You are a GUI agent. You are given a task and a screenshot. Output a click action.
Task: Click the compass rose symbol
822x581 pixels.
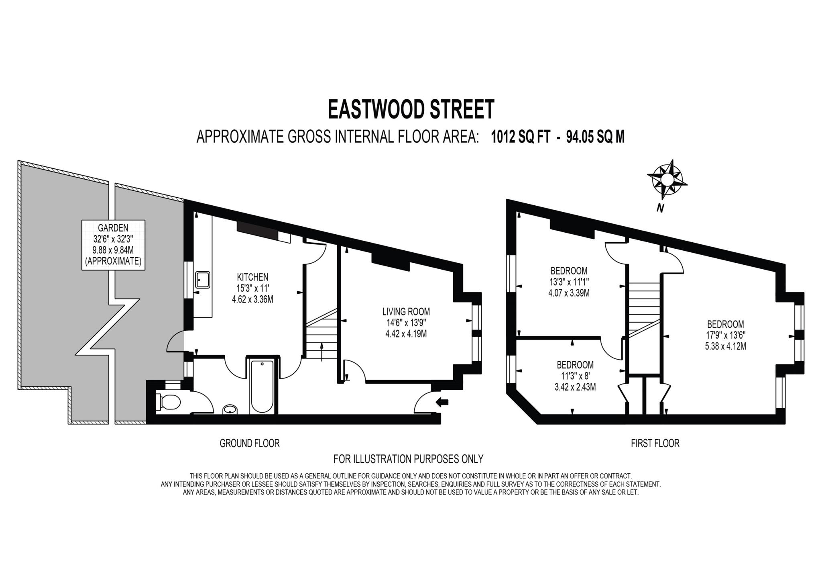666,179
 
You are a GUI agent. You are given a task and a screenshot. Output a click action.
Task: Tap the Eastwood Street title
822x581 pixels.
411,109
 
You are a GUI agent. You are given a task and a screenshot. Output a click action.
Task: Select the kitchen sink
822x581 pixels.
203,280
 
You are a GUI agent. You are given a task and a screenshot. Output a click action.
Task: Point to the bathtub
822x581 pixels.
262,385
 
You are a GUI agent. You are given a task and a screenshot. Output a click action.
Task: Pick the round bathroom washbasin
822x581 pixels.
230,409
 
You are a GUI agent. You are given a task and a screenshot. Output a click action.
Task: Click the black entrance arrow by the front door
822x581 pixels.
442,401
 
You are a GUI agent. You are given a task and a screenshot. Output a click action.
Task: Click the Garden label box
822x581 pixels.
113,244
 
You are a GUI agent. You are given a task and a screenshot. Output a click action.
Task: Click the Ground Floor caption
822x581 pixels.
249,443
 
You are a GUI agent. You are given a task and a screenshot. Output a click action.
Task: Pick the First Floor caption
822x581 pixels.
655,443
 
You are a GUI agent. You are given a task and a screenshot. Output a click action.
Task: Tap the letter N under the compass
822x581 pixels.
659,208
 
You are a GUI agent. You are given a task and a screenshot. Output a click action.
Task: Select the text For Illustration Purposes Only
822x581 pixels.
408,458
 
